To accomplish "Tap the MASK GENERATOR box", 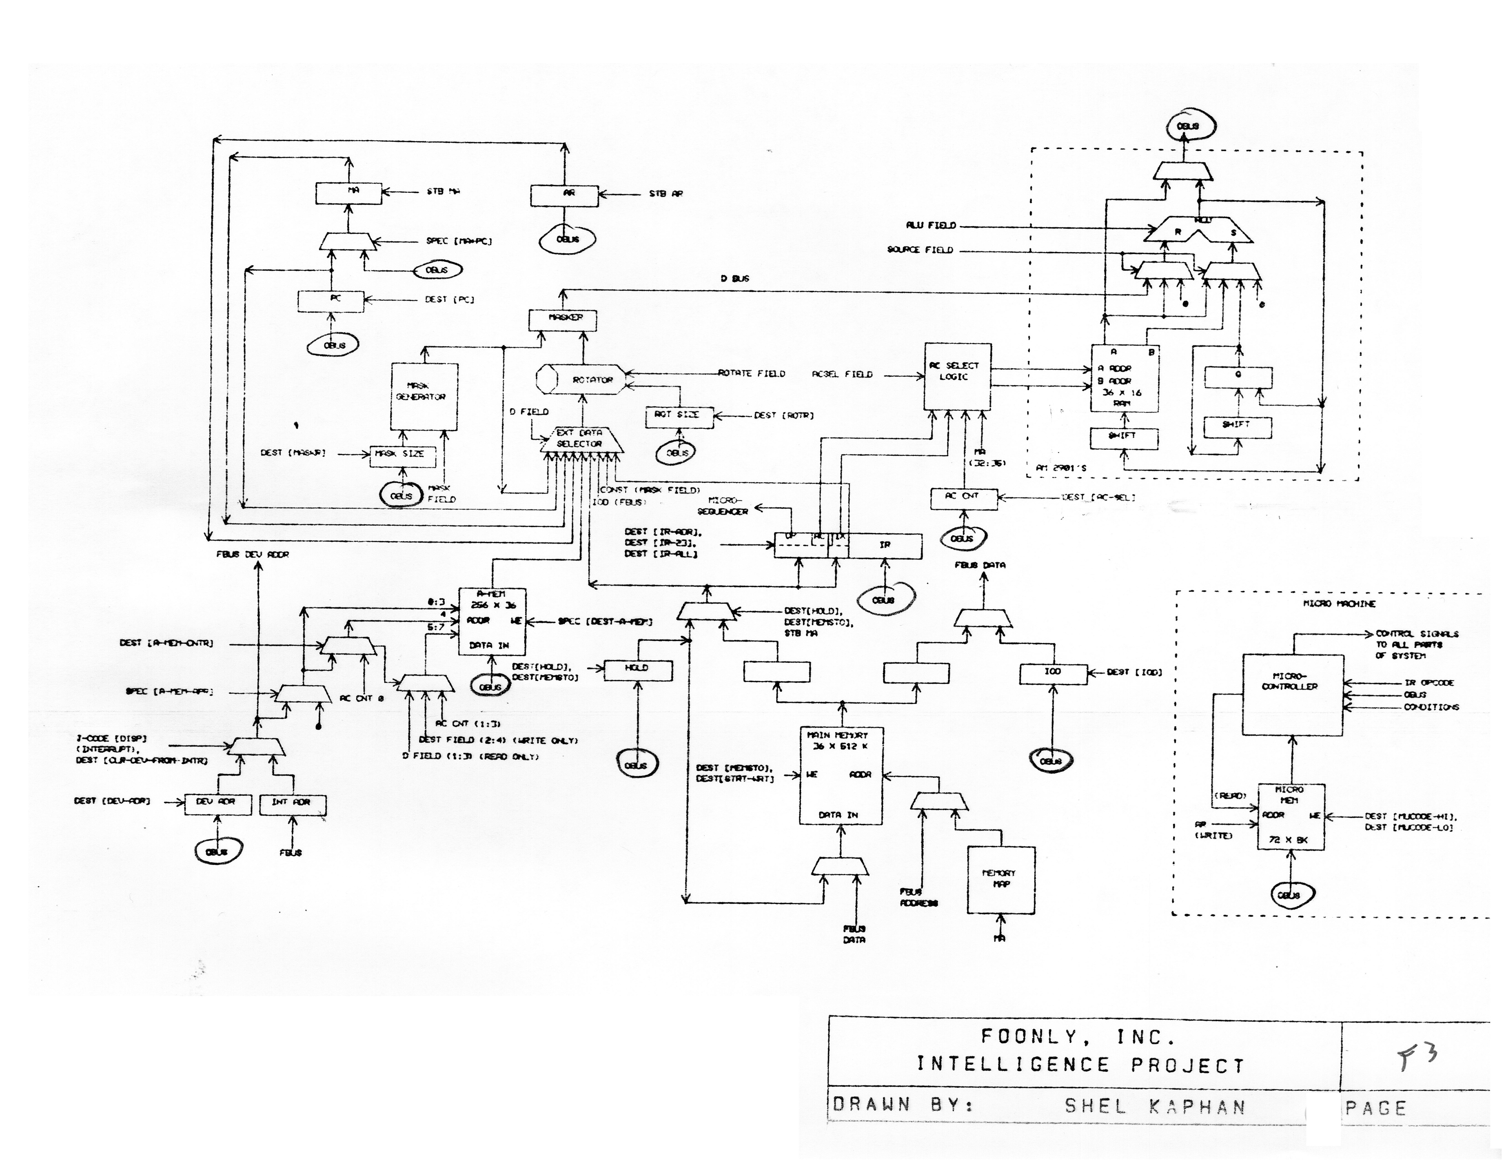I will click(x=424, y=396).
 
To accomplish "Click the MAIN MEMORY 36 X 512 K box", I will click(x=840, y=775).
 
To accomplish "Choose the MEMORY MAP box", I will click(x=1001, y=879).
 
